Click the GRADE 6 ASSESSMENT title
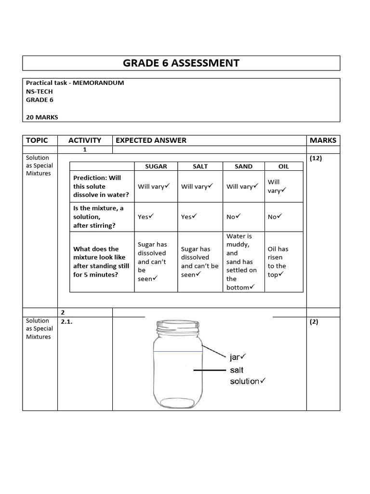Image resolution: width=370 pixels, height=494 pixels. coord(181,63)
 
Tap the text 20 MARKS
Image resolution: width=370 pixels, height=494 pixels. coord(42,117)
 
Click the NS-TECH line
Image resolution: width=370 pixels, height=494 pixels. coord(40,92)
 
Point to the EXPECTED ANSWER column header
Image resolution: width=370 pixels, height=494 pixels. coord(151,140)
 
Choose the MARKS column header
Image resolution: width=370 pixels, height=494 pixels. coord(323,140)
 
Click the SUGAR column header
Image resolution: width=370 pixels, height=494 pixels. coord(156,166)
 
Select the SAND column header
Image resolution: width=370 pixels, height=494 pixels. coord(243,166)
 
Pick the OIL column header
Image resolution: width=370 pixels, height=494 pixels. coord(284,166)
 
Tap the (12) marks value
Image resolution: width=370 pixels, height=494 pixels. coord(316,158)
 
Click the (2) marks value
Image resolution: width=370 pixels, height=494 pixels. coord(314,322)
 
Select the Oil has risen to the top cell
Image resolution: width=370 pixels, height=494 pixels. coord(278,262)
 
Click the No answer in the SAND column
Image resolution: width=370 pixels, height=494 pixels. coord(233,217)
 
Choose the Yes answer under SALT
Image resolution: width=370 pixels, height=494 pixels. coord(189,217)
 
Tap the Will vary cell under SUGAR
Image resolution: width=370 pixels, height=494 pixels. coord(154,186)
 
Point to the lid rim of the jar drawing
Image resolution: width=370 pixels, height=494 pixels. coord(177,327)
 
